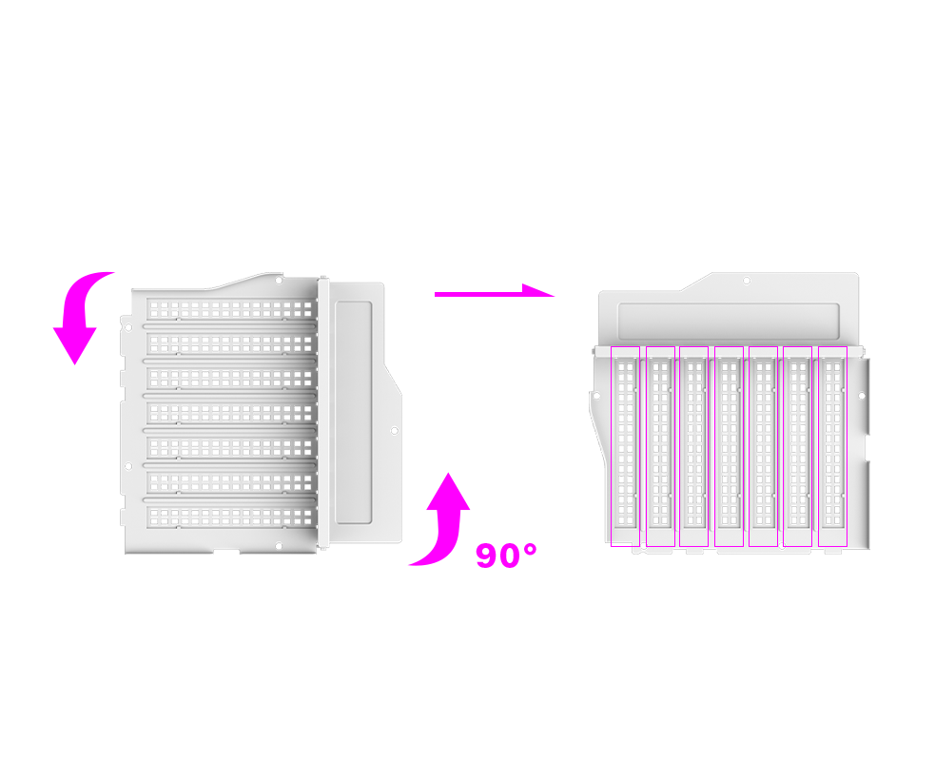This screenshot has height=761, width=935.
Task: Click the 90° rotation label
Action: pos(506,556)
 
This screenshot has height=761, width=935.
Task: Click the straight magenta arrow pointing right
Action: pos(495,292)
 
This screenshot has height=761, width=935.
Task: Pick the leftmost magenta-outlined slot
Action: pos(625,446)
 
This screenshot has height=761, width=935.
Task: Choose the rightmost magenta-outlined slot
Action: pos(832,446)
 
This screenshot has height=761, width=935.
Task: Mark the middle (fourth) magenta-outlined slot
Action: pos(729,446)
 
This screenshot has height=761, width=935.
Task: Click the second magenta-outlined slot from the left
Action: pos(660,446)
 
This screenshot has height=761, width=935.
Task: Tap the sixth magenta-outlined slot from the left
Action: pos(797,446)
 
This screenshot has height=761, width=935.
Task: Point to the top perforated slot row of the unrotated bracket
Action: pos(231,309)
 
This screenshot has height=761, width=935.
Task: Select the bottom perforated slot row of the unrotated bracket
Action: pos(231,517)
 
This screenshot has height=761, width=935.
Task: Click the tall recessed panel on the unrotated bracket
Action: pos(354,413)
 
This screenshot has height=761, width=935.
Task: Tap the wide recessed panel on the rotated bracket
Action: pos(728,321)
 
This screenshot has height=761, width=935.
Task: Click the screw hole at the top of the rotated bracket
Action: pos(746,281)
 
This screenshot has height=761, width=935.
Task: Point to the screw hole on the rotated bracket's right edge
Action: pos(861,396)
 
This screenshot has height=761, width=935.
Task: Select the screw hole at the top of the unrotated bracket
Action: pos(279,280)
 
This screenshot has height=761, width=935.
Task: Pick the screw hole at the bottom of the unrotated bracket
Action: pos(279,546)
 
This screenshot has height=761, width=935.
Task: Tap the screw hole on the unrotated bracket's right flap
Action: pos(394,431)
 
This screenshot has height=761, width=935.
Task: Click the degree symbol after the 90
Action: pos(530,549)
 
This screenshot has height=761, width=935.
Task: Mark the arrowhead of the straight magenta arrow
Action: pos(538,290)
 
